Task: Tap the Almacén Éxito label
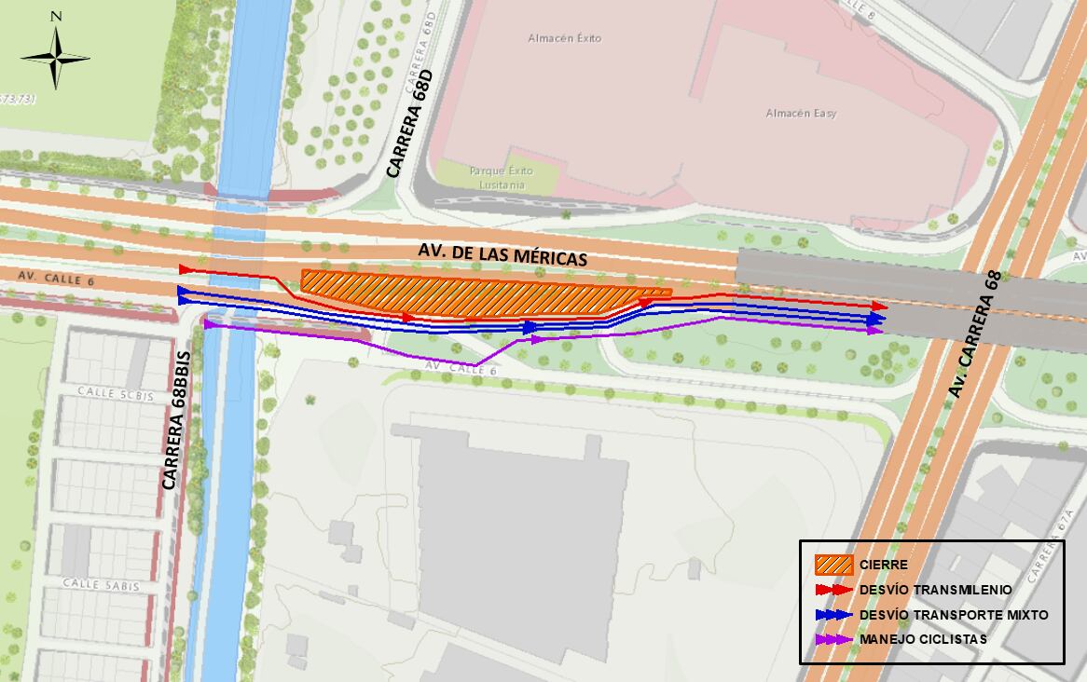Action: pyautogui.click(x=564, y=38)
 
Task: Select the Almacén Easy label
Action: pyautogui.click(x=801, y=113)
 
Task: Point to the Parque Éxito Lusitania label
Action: pyautogui.click(x=501, y=177)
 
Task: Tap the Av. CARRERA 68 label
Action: pyautogui.click(x=976, y=334)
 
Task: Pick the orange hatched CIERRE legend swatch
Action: pyautogui.click(x=833, y=565)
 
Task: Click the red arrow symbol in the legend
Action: pyautogui.click(x=833, y=590)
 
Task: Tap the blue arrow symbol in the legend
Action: pyautogui.click(x=833, y=615)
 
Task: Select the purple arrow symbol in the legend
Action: pyautogui.click(x=833, y=640)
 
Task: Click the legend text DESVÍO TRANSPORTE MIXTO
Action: pyautogui.click(x=954, y=615)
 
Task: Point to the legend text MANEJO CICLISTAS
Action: pyautogui.click(x=923, y=640)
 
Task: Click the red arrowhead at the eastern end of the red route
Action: pyautogui.click(x=879, y=306)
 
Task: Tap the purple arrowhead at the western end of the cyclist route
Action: pyautogui.click(x=210, y=324)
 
